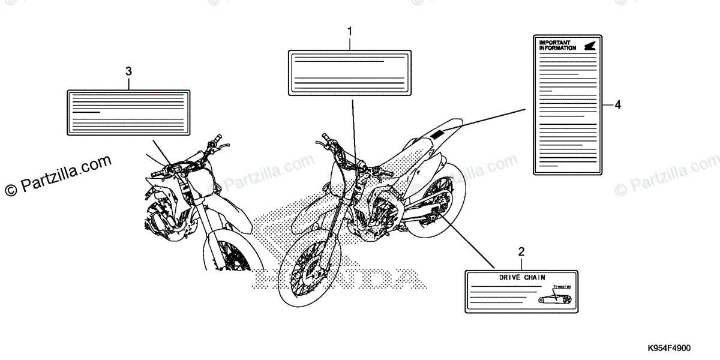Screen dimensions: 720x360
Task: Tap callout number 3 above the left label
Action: pos(128,71)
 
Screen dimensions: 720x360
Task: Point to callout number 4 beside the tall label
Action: pos(617,105)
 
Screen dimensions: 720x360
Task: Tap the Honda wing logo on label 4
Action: pos(588,44)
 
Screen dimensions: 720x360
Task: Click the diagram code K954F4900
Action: pos(669,349)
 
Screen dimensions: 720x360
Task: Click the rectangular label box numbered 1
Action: pos(350,72)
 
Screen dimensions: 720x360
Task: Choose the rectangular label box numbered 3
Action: pos(128,112)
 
